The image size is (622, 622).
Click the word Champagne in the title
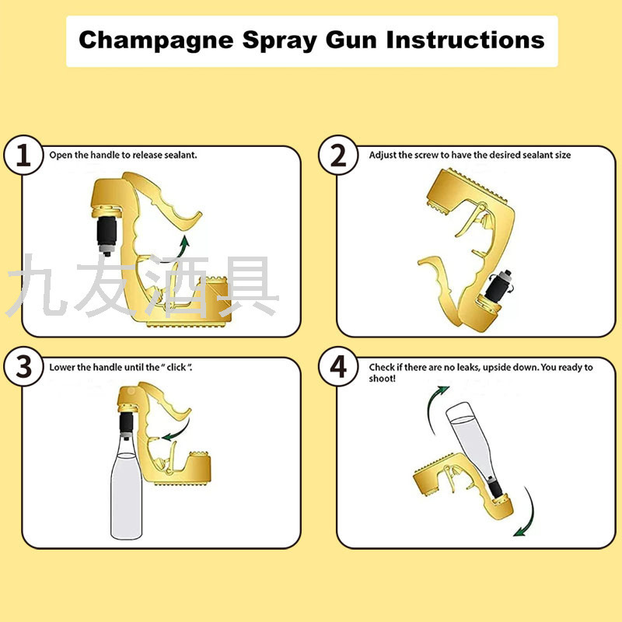click(156, 41)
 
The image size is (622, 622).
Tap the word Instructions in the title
click(465, 40)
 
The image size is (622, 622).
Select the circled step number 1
click(23, 155)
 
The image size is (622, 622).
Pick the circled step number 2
click(338, 155)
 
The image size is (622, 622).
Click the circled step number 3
click(23, 366)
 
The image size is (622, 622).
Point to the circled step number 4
click(338, 366)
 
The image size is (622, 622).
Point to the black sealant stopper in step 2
click(498, 286)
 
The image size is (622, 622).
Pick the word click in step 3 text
click(176, 367)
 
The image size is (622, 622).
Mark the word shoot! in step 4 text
click(383, 379)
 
